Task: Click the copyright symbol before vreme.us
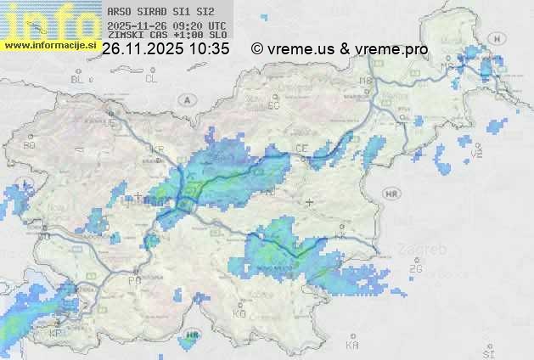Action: pyautogui.click(x=257, y=49)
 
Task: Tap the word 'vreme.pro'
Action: pyautogui.click(x=396, y=49)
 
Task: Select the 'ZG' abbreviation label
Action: pyautogui.click(x=415, y=269)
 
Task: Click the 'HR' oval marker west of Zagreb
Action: pyautogui.click(x=391, y=194)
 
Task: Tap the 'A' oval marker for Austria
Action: pyautogui.click(x=185, y=99)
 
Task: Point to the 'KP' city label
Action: pyautogui.click(x=56, y=334)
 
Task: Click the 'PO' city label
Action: pyautogui.click(x=133, y=280)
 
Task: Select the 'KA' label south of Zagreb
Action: pyautogui.click(x=352, y=346)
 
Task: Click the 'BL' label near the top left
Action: pyautogui.click(x=77, y=80)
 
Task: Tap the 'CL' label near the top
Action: pyautogui.click(x=151, y=79)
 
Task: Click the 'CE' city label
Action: pyautogui.click(x=301, y=149)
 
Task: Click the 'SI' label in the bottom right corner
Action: pyautogui.click(x=487, y=351)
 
